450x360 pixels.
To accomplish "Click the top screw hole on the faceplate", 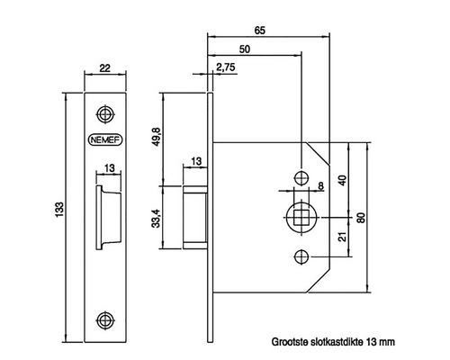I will pyautogui.click(x=105, y=114).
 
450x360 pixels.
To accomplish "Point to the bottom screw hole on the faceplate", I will pyautogui.click(x=105, y=319).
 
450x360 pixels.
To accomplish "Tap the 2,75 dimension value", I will pyautogui.click(x=225, y=68).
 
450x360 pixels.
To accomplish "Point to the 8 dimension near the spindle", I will pyautogui.click(x=319, y=186).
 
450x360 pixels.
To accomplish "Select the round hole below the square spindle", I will pyautogui.click(x=301, y=258).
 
